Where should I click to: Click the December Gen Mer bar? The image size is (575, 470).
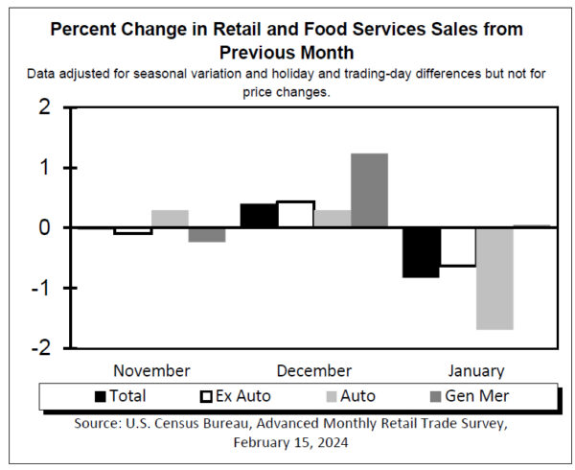(x=370, y=190)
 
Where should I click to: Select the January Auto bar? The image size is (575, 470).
(x=494, y=278)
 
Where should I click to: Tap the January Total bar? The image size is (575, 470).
(x=421, y=252)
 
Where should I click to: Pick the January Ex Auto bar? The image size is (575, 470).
(x=457, y=247)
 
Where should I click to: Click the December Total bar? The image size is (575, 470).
(x=259, y=216)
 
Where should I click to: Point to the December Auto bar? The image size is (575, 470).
(x=333, y=219)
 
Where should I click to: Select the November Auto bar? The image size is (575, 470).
(x=170, y=219)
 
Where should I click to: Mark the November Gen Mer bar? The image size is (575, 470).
(x=206, y=235)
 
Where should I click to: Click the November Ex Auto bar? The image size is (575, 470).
(x=132, y=231)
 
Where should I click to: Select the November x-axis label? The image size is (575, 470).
(x=151, y=371)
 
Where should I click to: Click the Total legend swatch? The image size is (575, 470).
(x=102, y=396)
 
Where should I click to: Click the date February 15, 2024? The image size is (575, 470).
(x=288, y=442)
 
